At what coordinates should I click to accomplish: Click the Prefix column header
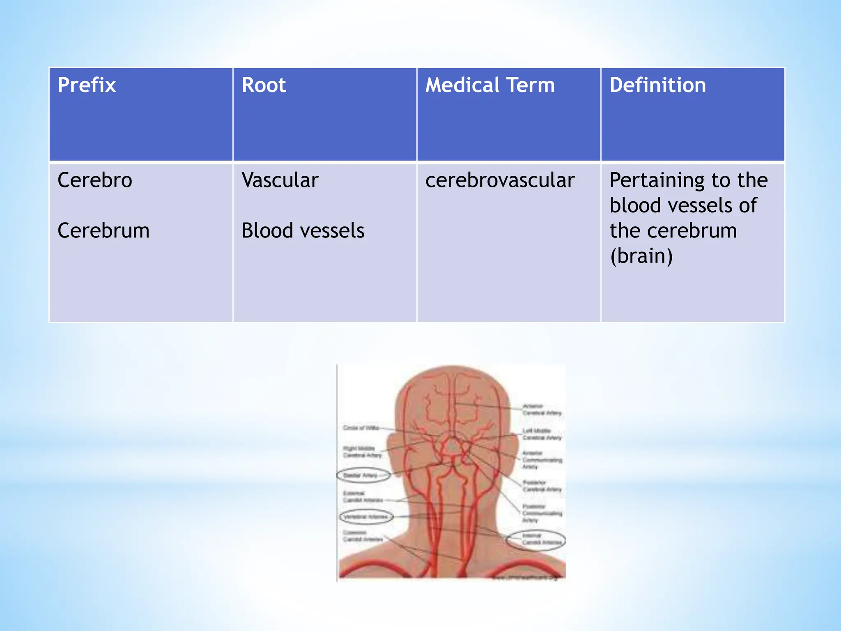pos(87,85)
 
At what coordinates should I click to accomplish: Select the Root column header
pos(264,85)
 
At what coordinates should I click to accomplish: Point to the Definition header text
pos(657,85)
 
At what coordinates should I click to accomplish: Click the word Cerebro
pos(95,180)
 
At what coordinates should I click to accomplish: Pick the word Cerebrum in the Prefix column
pos(103,230)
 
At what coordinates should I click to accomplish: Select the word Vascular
pos(280,180)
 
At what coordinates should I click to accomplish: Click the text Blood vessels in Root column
pos(303,230)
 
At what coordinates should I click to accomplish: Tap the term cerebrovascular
pos(500,180)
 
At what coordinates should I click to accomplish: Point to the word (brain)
pos(641,256)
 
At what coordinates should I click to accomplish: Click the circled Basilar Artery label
pos(361,475)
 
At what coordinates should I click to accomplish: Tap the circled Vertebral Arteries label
pos(365,516)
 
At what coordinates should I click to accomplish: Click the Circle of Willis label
pos(361,428)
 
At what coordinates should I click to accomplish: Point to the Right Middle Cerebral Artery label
pos(362,452)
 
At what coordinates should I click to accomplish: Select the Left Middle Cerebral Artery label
pos(541,434)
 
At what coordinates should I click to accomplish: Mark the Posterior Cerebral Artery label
pos(541,486)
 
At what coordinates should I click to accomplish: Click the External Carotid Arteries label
pos(362,497)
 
